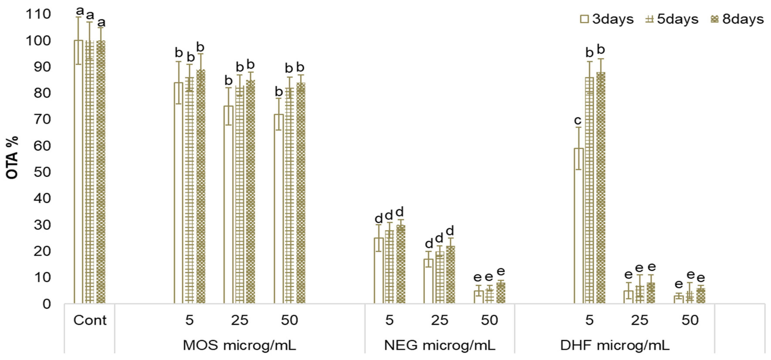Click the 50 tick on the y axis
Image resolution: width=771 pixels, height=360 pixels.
pyautogui.click(x=42, y=172)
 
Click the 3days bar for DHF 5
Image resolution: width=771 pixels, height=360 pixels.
pyautogui.click(x=579, y=226)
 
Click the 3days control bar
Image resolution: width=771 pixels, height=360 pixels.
pyautogui.click(x=78, y=172)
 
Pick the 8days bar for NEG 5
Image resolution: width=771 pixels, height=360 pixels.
pyautogui.click(x=400, y=265)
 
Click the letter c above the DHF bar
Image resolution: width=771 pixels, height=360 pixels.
pyautogui.click(x=578, y=121)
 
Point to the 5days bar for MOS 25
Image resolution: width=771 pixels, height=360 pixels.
pyautogui.click(x=240, y=194)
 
